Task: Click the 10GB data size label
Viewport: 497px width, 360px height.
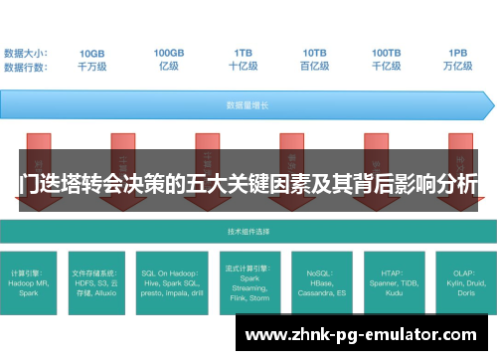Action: tap(92, 53)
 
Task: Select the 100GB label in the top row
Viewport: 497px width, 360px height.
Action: tap(169, 53)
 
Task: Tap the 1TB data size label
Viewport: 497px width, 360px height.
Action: tap(243, 53)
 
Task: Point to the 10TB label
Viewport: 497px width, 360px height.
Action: tap(315, 53)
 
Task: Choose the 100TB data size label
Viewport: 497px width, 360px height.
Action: tap(387, 53)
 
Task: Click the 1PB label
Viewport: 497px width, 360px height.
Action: tap(458, 53)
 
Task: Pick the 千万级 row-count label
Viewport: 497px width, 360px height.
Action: tap(92, 67)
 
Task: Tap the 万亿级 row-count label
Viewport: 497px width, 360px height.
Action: tap(458, 67)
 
